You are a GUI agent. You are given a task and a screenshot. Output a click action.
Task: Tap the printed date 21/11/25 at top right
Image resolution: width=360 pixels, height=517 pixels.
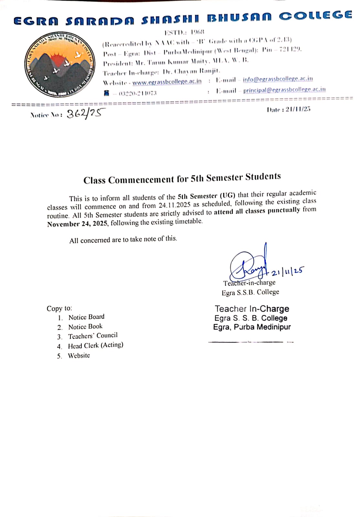298,109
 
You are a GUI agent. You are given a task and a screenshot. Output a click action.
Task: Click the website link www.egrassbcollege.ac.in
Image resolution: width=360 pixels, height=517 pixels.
167,82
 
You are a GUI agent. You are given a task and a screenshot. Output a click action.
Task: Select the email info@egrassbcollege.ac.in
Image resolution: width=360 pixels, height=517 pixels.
278,79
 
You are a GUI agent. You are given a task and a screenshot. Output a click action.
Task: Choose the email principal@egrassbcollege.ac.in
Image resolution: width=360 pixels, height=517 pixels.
284,90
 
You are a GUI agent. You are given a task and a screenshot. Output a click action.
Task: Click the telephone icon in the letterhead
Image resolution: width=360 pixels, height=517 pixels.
107,93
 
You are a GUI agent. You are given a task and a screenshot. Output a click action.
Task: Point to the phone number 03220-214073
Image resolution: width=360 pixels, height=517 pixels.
138,93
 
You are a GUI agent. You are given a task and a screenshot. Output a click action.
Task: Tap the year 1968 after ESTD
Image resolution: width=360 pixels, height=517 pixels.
197,32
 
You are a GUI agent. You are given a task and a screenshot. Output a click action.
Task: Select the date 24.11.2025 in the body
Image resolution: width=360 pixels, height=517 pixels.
175,205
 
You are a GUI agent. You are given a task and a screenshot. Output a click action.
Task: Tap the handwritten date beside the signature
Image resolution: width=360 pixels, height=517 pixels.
287,271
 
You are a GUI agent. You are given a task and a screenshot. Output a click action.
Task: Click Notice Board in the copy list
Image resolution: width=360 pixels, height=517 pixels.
86,317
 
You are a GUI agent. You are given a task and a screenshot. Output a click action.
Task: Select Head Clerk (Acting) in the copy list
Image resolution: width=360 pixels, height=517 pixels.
95,345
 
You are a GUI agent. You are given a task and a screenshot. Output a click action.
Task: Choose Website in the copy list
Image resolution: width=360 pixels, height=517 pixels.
79,355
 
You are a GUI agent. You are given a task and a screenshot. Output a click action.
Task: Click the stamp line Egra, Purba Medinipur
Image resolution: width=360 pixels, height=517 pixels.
252,327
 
